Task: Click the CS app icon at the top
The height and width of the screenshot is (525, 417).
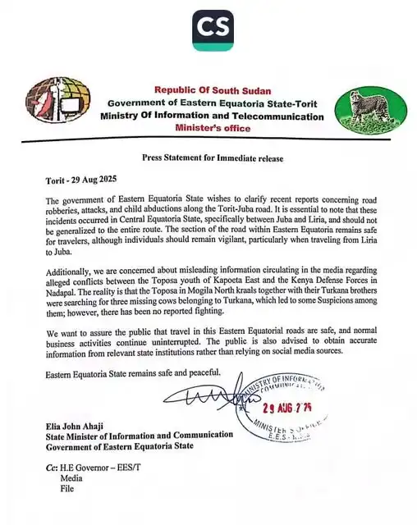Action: point(211,30)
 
